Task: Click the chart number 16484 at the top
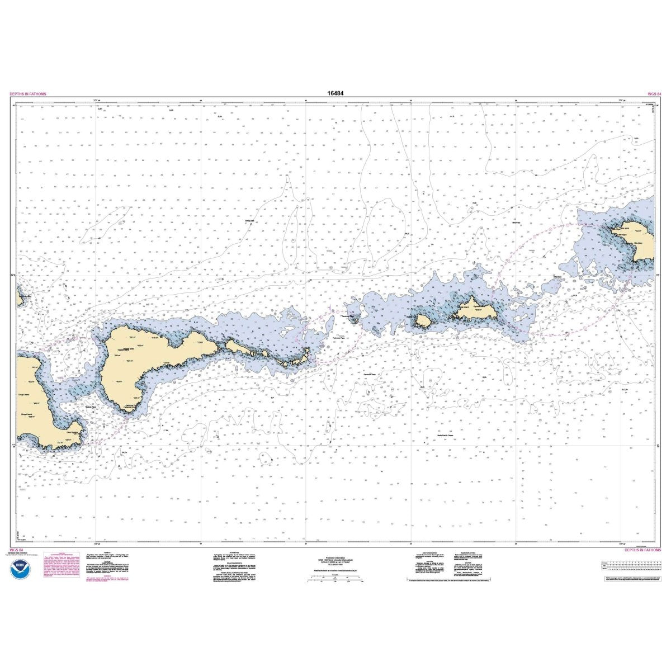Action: [335, 94]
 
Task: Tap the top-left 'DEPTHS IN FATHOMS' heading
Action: [28, 94]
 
